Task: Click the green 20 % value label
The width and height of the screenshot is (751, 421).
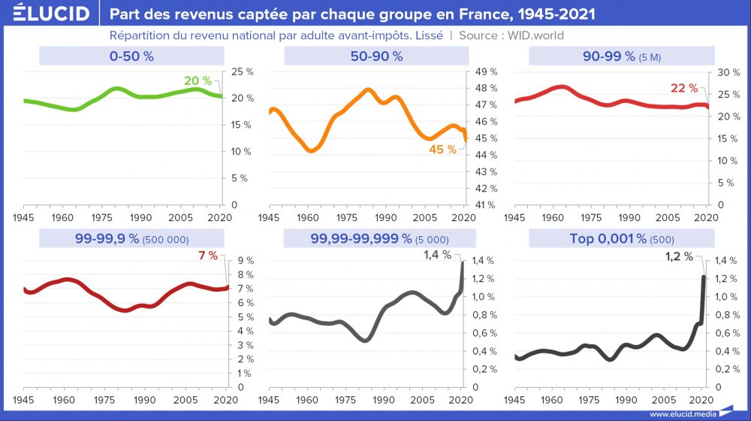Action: pyautogui.click(x=198, y=81)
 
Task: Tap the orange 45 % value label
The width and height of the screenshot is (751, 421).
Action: pyautogui.click(x=442, y=150)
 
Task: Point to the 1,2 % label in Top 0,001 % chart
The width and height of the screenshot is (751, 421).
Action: pyautogui.click(x=680, y=256)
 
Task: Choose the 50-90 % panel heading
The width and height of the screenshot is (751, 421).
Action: pyautogui.click(x=376, y=56)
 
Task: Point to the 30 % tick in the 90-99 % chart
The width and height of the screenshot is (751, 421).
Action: pyautogui.click(x=724, y=72)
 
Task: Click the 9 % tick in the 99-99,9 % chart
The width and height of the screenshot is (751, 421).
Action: pyautogui.click(x=246, y=260)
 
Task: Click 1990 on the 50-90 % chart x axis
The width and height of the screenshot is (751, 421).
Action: pyautogui.click(x=386, y=217)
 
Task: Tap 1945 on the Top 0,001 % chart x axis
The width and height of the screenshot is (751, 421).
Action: pyautogui.click(x=514, y=399)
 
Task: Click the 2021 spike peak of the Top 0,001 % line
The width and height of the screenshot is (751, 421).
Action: pyautogui.click(x=704, y=277)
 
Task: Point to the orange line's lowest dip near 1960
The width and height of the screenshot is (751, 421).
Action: pyautogui.click(x=310, y=150)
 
